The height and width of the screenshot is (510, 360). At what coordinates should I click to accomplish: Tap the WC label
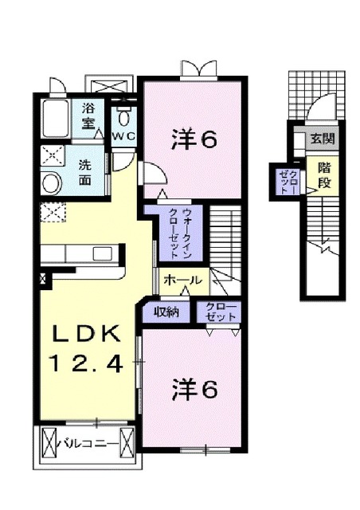coord(124,136)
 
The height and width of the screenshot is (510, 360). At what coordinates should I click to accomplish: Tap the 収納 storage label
coord(166,312)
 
